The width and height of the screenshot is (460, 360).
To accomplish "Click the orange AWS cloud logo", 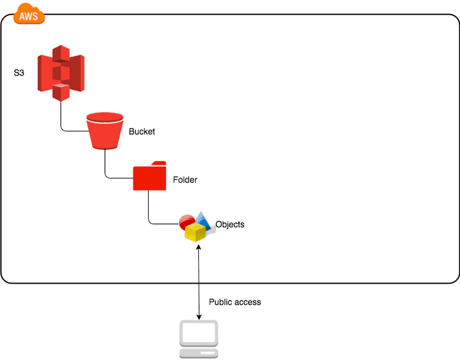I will (x=28, y=14).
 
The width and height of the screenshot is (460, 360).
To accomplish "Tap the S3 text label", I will (x=19, y=73).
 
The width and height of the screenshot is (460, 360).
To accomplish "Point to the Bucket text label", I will (x=142, y=131).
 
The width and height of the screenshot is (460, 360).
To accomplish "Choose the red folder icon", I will (x=149, y=177).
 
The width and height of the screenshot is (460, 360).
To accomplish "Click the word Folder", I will (x=185, y=180).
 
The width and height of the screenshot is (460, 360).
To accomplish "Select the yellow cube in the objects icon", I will (x=195, y=232).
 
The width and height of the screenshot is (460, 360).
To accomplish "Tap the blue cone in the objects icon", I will (x=203, y=219).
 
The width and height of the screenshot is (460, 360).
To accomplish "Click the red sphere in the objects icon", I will (x=186, y=221).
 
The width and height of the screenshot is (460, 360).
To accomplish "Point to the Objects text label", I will (x=229, y=224).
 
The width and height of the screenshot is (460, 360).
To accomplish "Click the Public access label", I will (x=234, y=302).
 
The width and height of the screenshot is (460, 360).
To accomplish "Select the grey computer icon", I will (x=199, y=340).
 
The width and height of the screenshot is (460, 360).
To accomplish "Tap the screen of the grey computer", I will (x=199, y=332).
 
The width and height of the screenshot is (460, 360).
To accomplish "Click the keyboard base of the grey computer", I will (x=199, y=352).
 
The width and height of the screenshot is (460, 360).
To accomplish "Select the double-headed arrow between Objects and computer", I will (x=200, y=279).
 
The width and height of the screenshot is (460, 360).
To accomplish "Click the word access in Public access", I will (x=247, y=302).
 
